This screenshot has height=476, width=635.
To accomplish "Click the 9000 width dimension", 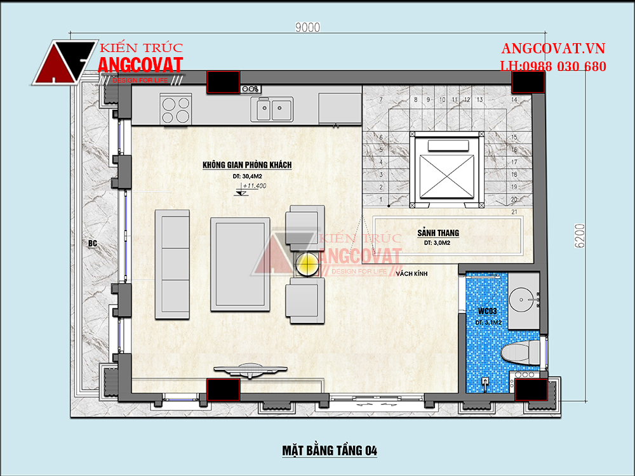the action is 308,27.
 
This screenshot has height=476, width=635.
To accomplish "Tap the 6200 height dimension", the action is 580,235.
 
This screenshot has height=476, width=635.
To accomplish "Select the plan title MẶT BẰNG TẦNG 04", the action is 330,451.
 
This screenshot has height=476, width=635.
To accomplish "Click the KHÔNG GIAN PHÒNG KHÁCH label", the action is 247,165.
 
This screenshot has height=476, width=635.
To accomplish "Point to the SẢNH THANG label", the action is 438,233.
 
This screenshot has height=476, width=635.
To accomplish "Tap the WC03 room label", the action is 487,311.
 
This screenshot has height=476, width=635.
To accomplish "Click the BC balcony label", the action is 92,243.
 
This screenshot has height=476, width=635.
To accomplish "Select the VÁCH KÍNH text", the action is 411,274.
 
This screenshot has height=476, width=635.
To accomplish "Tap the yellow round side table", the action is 307,264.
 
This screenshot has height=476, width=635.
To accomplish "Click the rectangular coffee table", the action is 240,264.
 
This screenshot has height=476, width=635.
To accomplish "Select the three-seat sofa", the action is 173,264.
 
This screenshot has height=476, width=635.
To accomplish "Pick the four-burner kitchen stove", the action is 176,110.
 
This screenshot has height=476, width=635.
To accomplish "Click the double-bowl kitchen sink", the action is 272,109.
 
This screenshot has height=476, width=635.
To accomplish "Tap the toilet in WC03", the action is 521,352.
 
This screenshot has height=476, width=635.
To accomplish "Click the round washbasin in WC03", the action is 522,300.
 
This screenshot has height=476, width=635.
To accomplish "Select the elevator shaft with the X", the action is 446,169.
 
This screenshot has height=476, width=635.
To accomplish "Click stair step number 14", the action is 514,100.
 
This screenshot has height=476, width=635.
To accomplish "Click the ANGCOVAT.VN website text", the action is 553,49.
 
